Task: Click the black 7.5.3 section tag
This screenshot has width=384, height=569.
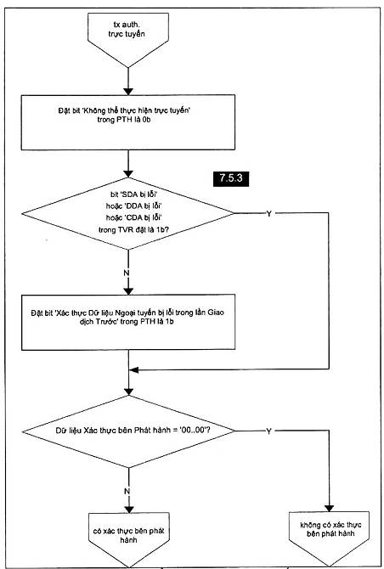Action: (231, 179)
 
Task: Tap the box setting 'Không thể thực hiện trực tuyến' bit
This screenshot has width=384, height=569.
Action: (127, 122)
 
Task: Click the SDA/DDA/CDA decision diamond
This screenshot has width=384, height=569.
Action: (127, 214)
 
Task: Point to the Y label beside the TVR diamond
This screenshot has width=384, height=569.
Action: (269, 214)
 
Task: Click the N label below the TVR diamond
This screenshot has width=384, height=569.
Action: (127, 273)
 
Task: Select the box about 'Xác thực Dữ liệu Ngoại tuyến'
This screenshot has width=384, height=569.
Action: (128, 322)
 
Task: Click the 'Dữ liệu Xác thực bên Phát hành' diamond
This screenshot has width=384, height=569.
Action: (128, 431)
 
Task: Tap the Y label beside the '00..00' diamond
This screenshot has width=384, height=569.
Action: (268, 431)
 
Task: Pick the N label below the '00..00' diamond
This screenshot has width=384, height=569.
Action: (127, 492)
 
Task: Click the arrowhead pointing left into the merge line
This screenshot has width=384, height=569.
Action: (134, 369)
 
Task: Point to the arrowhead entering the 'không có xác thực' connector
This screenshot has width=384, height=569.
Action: (330, 508)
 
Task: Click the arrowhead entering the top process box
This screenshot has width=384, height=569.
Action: (128, 91)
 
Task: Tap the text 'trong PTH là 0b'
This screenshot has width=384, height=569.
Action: (124, 120)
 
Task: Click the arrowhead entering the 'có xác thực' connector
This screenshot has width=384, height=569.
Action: (128, 509)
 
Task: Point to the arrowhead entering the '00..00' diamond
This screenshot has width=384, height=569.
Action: (128, 392)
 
